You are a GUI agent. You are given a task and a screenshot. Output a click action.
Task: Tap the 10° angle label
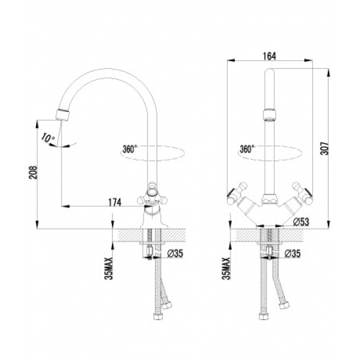[45, 138]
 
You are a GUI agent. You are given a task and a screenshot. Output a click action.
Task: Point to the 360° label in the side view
[130, 149]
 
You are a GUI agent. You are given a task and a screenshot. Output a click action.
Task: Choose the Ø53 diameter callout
[300, 221]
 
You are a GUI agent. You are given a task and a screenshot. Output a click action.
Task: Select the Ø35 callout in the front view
[293, 252]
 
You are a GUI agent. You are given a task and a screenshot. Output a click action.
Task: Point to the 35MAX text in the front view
[226, 266]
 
